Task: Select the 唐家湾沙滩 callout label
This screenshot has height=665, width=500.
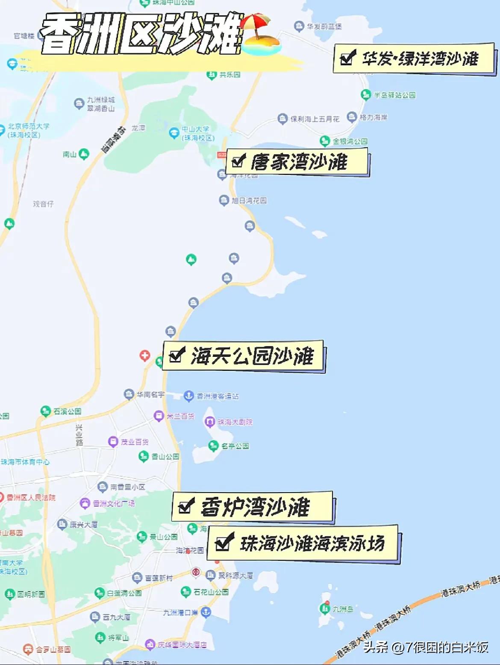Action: point(298,162)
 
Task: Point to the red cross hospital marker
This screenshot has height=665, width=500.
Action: point(145,356)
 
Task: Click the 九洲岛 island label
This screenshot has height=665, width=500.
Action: point(343,609)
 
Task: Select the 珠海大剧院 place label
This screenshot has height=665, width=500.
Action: point(235,422)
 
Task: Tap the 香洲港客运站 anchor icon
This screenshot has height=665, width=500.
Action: point(188,396)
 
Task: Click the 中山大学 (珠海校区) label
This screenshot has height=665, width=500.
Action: point(198,133)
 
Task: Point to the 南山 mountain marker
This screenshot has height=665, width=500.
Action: point(84,154)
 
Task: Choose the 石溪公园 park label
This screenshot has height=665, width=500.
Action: point(67,411)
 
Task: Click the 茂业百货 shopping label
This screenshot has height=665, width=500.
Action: point(134,442)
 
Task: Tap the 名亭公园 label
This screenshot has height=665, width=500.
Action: point(235,446)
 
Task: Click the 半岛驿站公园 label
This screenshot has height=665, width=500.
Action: point(394,95)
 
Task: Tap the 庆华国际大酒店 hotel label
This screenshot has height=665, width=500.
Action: point(182,645)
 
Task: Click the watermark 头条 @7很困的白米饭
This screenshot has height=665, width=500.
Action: point(425,647)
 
